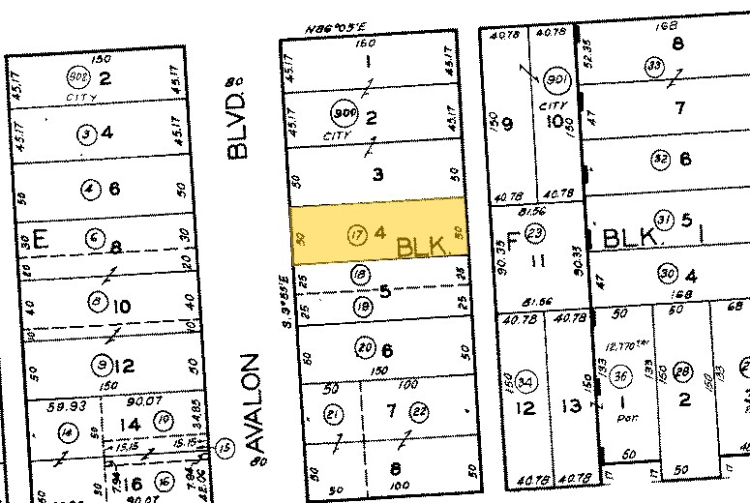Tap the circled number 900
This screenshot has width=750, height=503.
point(343,115)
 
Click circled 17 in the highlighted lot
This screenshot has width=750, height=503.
point(357,233)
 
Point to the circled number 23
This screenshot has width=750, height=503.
point(535,233)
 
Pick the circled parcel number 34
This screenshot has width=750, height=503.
point(526,378)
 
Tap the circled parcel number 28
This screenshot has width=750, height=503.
point(683,374)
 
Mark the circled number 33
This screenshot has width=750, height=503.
point(653,65)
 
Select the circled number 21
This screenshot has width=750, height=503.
point(334,414)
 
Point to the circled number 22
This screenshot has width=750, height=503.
point(419,412)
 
